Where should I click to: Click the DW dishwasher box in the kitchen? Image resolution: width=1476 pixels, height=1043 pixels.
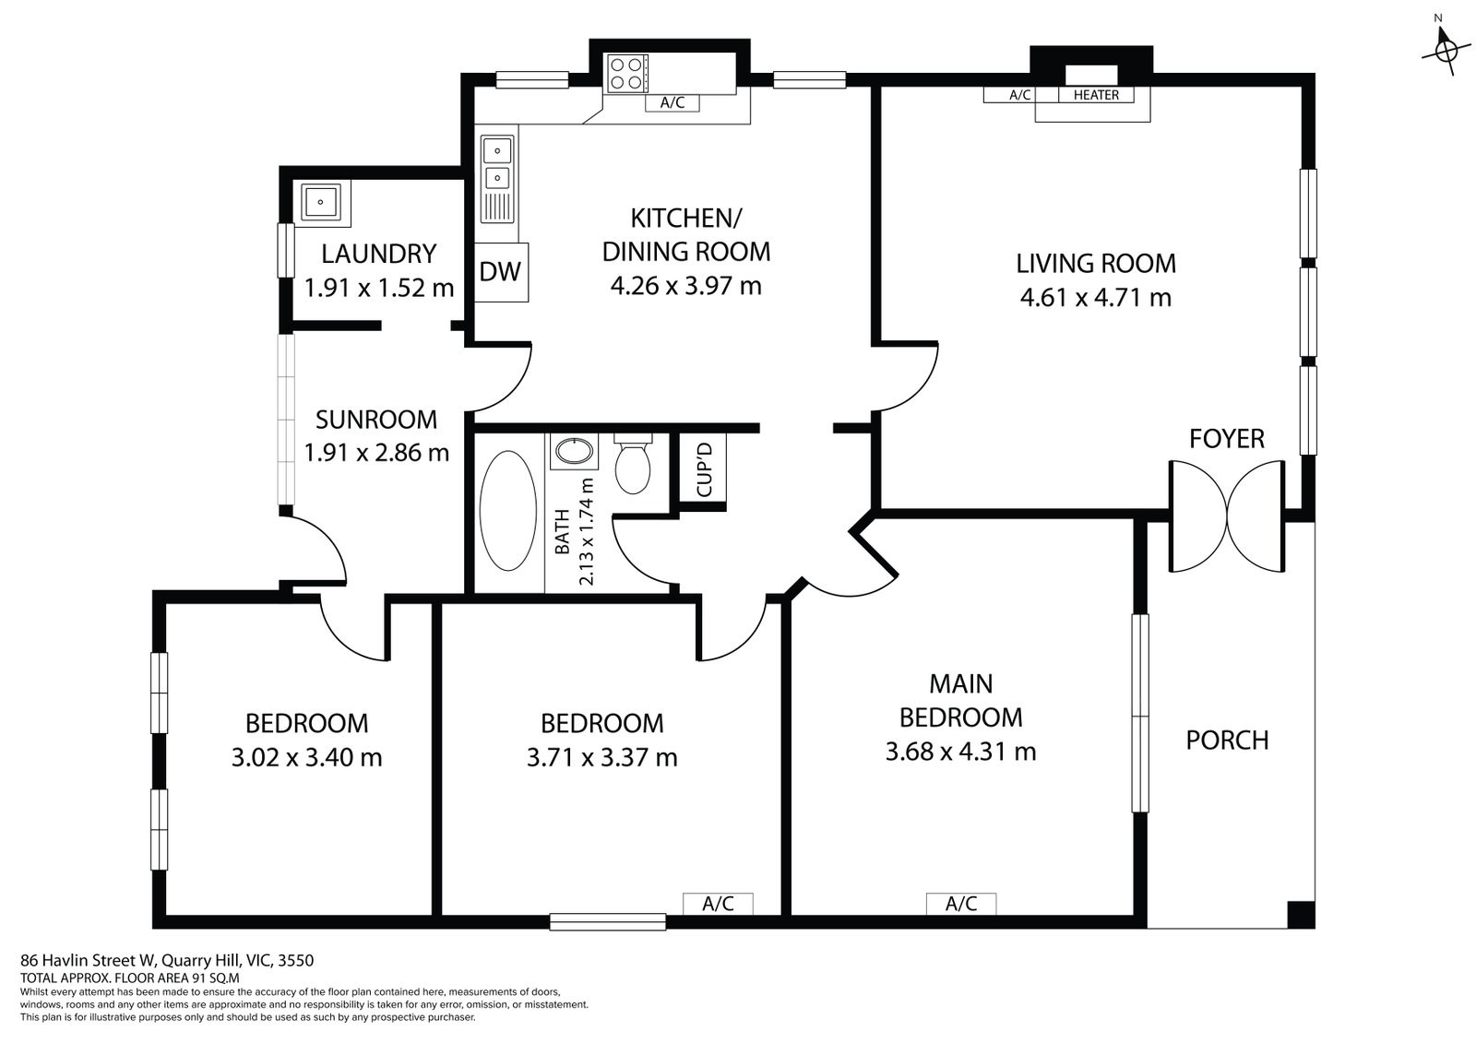click(x=501, y=271)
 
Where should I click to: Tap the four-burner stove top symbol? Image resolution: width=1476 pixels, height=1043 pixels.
click(x=625, y=73)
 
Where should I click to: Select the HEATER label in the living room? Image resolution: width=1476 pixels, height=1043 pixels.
click(x=1096, y=95)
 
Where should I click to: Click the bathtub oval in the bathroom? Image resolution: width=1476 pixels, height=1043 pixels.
click(x=508, y=510)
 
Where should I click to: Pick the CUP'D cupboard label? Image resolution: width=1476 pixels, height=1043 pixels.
click(x=705, y=470)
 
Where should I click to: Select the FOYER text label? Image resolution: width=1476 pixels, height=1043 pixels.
click(x=1226, y=439)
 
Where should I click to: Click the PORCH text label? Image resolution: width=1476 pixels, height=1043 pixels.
click(x=1227, y=740)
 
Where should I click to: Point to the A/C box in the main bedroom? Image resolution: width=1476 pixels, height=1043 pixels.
click(x=960, y=904)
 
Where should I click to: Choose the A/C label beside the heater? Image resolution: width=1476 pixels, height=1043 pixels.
click(x=1019, y=95)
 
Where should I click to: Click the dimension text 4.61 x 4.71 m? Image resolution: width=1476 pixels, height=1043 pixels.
click(x=1095, y=298)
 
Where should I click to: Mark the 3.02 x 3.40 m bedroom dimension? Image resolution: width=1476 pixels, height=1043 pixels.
click(x=306, y=757)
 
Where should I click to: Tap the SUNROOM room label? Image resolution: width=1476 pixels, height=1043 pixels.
click(x=375, y=420)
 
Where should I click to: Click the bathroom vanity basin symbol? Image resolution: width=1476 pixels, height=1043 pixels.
click(x=575, y=452)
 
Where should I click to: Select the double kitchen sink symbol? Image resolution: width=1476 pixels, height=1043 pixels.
click(x=497, y=161)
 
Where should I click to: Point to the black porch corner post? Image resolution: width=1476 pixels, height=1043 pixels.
click(x=1300, y=914)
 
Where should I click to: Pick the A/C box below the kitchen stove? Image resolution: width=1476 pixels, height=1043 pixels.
click(x=672, y=102)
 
